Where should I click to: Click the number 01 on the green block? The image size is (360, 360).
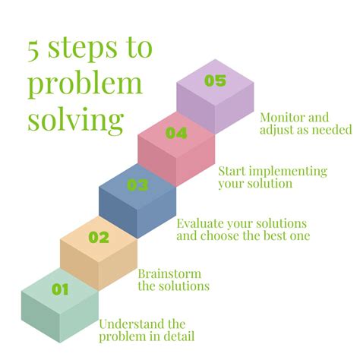pos(60,289)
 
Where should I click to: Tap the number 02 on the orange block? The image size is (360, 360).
pos(99,237)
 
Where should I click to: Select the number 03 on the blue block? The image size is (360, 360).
pos(137,185)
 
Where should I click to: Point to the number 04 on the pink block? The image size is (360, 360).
pos(176,134)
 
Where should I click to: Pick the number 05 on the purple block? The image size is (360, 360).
pos(215,81)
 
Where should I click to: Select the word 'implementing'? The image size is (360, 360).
pos(290,171)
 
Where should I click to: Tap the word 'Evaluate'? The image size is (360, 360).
pos(201,223)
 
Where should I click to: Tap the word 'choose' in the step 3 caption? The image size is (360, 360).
pos(220,235)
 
